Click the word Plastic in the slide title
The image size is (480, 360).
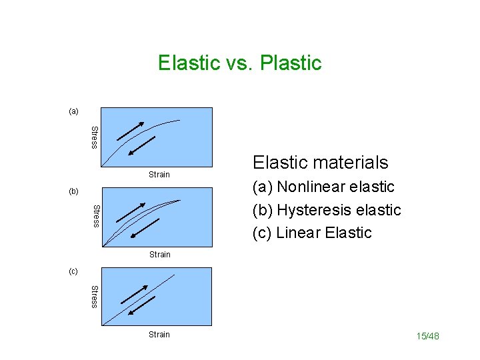click(291, 63)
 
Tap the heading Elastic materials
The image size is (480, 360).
click(320, 162)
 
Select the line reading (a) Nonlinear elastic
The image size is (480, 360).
click(323, 187)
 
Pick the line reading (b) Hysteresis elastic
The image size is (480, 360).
click(327, 210)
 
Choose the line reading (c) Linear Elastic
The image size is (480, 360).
click(312, 233)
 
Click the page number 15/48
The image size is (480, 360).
click(428, 336)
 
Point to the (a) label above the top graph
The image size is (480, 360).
click(73, 111)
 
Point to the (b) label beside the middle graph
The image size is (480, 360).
click(73, 191)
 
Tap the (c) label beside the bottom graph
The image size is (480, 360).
click(73, 271)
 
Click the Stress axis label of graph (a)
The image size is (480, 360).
click(94, 137)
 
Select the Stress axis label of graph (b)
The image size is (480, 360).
click(94, 216)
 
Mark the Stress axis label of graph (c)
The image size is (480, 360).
click(94, 296)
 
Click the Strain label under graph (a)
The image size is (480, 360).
click(159, 175)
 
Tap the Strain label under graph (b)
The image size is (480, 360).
click(159, 255)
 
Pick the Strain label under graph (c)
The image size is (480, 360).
click(159, 335)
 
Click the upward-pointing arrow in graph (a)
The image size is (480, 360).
click(129, 131)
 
